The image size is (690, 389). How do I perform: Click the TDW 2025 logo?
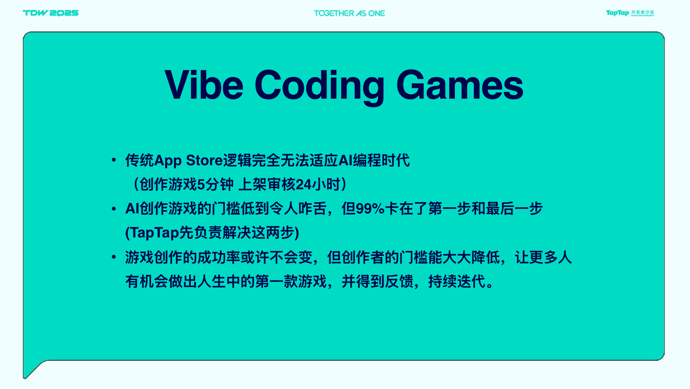coord(50,13)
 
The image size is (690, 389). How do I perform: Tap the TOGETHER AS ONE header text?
coord(349,13)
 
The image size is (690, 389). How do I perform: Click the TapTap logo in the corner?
coord(630,13)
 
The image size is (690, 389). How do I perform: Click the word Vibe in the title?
coord(204,85)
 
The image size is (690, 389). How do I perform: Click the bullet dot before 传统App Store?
coord(114,160)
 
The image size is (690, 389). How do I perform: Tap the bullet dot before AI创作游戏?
coord(114,209)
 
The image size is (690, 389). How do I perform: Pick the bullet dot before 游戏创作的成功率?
coord(114,257)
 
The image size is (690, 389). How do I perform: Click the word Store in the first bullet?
coord(204,160)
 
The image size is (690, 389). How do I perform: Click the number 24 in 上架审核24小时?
coord(303,184)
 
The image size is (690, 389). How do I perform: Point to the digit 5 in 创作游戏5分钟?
coord(201,184)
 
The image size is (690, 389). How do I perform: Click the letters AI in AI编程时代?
coord(345,160)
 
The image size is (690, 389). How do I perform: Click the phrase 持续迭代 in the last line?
coord(457,282)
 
